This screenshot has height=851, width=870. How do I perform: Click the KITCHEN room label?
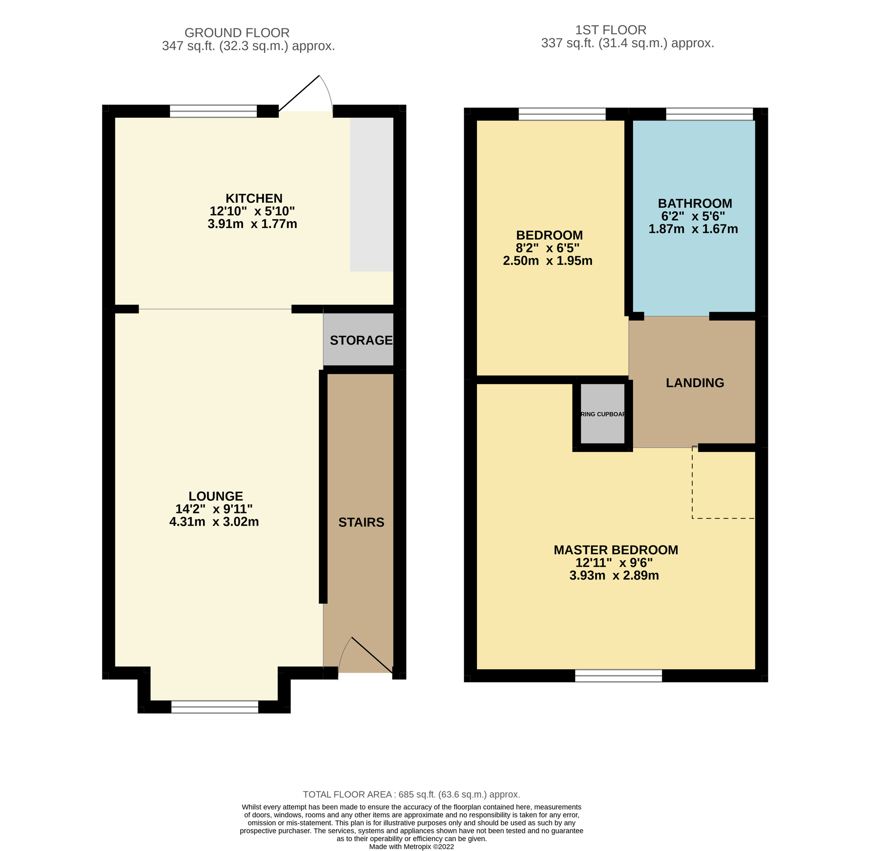click(254, 199)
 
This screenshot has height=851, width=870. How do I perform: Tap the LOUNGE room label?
click(216, 496)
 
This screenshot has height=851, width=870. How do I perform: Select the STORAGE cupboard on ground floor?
click(360, 340)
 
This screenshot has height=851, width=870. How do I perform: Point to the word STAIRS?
click(361, 522)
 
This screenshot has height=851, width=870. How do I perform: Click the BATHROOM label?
click(694, 204)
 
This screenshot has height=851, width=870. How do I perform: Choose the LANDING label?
click(694, 383)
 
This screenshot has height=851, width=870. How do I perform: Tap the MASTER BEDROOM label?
click(615, 550)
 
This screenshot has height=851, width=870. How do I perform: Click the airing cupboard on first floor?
click(602, 414)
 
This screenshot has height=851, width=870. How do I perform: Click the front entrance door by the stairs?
click(367, 655)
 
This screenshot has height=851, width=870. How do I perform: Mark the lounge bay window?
click(215, 707)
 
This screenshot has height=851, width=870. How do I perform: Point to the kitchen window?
click(213, 112)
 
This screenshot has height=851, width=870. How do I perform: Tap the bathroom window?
click(709, 114)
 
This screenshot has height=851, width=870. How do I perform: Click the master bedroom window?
click(618, 676)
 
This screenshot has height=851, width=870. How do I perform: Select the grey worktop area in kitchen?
click(371, 194)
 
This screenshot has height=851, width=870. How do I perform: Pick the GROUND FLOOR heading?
click(237, 33)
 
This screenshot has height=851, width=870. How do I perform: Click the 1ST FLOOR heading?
click(610, 30)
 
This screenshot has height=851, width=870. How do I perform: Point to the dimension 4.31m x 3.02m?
click(214, 522)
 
